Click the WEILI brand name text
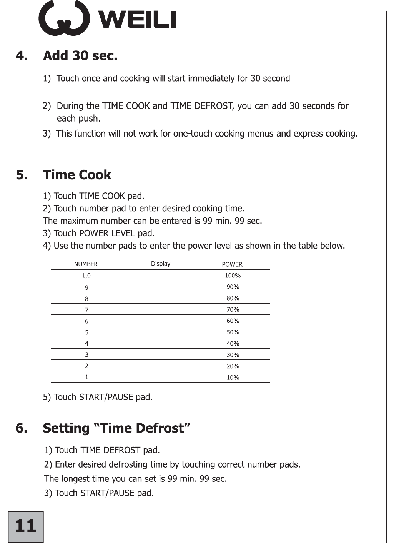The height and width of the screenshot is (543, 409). tap(138, 19)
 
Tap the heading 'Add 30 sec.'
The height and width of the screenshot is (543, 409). tap(80, 56)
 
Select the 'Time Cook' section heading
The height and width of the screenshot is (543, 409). tap(77, 175)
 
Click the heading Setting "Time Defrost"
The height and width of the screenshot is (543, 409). tap(116, 428)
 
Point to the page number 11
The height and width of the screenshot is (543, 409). tap(26, 526)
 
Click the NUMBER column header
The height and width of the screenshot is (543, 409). tap(86, 264)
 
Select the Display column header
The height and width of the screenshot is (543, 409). tap(160, 264)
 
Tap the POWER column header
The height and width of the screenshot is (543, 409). tap(232, 264)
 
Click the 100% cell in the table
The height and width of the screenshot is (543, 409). tap(233, 276)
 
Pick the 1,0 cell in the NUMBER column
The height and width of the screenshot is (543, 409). tap(86, 276)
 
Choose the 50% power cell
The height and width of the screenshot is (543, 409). tap(233, 332)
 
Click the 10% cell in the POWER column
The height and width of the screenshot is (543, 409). tap(233, 378)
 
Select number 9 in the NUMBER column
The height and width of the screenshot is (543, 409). tap(86, 287)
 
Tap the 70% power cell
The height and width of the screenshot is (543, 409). tap(233, 309)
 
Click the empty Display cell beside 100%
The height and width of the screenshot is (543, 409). tap(160, 276)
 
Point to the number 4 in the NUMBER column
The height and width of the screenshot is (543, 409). tap(86, 343)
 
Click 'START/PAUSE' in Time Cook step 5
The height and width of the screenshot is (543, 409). tap(106, 397)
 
